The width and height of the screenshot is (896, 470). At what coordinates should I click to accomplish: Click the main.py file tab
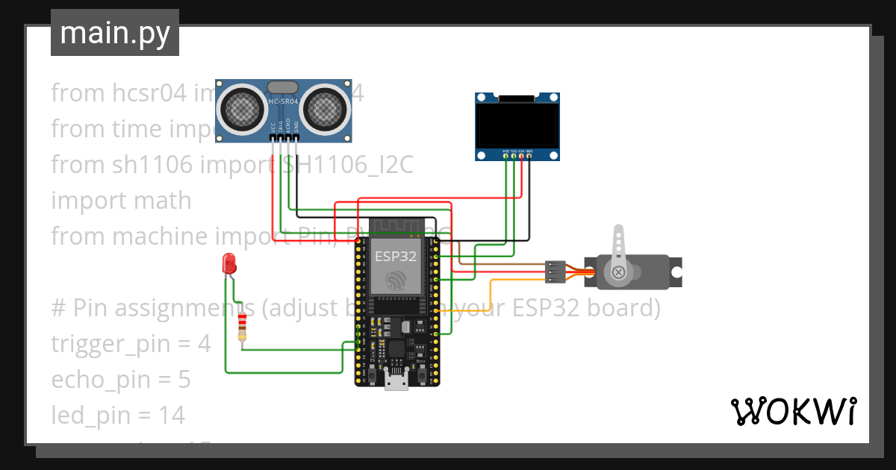(114, 34)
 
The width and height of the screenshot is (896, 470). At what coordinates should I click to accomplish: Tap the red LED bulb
(229, 263)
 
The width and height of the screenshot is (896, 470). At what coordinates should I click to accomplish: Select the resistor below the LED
(242, 327)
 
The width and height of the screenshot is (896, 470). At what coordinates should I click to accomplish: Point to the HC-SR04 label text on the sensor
(284, 101)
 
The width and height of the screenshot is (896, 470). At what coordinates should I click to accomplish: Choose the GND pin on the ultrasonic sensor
(296, 137)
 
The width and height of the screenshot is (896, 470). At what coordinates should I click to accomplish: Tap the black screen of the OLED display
(517, 125)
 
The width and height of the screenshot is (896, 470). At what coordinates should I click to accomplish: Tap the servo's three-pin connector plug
(556, 272)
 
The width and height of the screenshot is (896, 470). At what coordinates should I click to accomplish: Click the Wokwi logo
(793, 411)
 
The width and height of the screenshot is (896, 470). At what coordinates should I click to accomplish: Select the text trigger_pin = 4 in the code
(131, 344)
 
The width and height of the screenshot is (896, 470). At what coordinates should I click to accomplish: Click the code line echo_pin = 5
(120, 380)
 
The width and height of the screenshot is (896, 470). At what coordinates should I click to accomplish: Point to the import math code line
(121, 201)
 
